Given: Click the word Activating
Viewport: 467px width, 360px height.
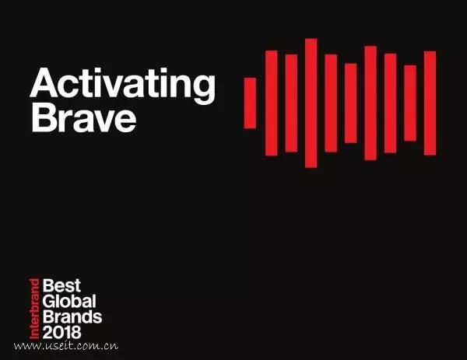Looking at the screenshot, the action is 122,86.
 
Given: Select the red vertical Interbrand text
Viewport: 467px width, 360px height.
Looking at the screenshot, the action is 34,309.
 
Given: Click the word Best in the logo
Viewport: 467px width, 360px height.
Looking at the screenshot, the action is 61,285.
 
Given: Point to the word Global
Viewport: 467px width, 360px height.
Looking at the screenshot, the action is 69,302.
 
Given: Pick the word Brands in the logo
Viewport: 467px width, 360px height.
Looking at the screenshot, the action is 72,317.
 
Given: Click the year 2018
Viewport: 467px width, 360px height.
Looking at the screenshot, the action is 62,332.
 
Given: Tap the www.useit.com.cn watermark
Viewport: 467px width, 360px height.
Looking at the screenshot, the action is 66,346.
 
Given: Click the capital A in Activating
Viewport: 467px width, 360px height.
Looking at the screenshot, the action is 44,82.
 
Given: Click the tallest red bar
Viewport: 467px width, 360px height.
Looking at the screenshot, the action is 311,103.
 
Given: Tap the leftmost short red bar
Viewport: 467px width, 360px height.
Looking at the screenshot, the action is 250,103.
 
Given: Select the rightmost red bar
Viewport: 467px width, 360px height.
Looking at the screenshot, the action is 430,103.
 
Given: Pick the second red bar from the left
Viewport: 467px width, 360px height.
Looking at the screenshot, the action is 272,103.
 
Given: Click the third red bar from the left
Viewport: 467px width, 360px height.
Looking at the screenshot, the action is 291,103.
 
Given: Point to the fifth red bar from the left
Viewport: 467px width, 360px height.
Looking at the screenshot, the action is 331,103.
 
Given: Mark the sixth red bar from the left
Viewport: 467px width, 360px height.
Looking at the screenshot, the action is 351,103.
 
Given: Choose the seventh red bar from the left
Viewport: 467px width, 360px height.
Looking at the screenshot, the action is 370,103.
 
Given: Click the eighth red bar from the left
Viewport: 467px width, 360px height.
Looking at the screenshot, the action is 391,103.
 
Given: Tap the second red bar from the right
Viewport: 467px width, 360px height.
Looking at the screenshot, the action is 410,103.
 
